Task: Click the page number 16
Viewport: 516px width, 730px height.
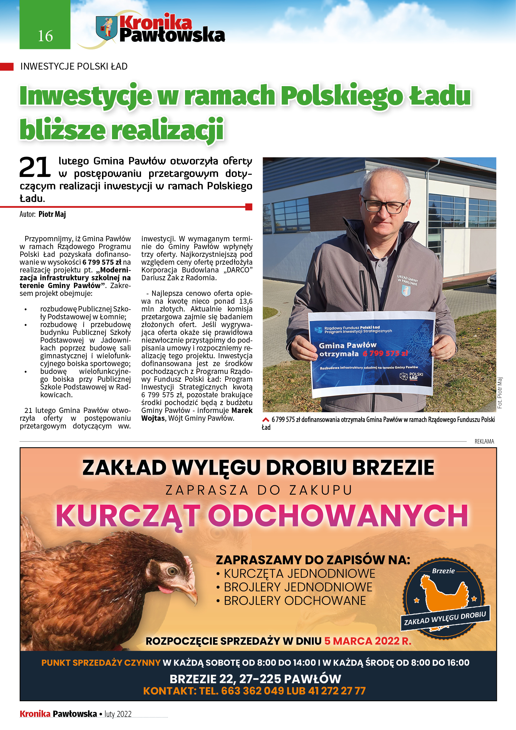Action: (45, 36)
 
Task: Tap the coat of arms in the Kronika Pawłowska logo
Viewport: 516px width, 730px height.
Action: (106, 28)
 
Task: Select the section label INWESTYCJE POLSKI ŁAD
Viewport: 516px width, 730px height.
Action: (74, 66)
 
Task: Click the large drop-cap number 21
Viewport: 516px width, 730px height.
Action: (35, 167)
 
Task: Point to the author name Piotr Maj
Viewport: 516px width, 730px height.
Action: (52, 214)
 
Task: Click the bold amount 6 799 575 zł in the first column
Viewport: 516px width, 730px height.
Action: (102, 262)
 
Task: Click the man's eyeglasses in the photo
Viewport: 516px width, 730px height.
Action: (385, 206)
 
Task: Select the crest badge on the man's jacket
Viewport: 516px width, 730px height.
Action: (406, 290)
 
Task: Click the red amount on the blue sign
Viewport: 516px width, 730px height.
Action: (385, 353)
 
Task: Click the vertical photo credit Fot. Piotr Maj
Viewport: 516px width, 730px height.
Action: (500, 393)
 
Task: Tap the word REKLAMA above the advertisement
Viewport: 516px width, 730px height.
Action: (484, 441)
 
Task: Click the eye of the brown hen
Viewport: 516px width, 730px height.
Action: (172, 571)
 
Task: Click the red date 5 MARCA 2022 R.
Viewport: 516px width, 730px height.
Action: (368, 641)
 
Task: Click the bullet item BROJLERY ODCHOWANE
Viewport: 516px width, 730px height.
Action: (295, 600)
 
